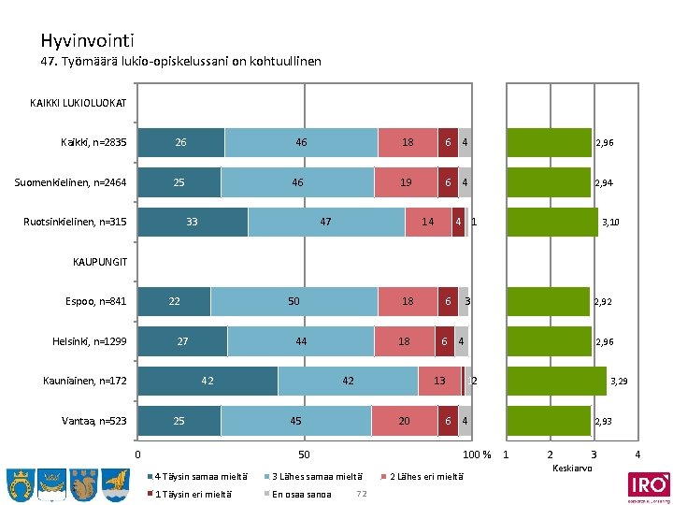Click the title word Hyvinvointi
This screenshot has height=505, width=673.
(x=87, y=41)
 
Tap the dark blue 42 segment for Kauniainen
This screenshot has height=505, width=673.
(x=208, y=381)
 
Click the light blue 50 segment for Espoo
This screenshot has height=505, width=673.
(x=294, y=301)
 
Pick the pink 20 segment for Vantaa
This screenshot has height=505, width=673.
(x=404, y=421)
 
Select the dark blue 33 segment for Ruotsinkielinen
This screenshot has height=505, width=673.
(x=193, y=222)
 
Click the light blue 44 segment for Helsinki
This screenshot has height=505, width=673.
(x=300, y=341)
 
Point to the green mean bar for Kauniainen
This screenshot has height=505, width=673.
(x=555, y=381)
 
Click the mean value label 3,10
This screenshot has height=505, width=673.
(x=610, y=223)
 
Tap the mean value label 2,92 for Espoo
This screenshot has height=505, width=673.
(x=602, y=302)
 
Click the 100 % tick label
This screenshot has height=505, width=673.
(x=479, y=455)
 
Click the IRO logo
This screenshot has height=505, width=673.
(x=648, y=485)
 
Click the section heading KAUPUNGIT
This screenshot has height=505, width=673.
(x=99, y=261)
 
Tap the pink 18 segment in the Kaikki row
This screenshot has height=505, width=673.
(x=408, y=142)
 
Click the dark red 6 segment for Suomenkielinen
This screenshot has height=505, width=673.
(x=448, y=182)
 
